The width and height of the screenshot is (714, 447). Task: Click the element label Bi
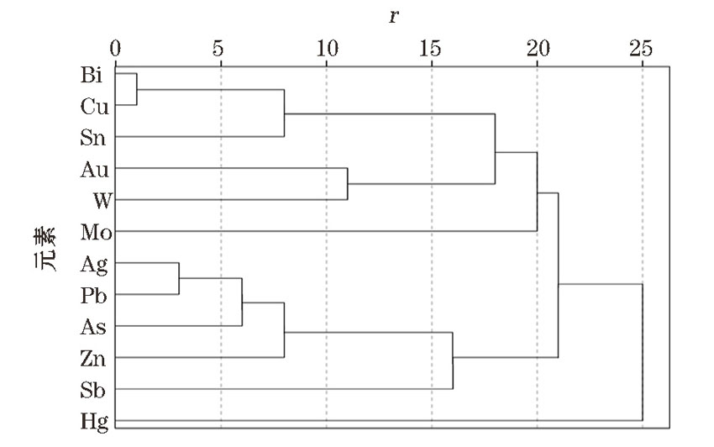(92, 75)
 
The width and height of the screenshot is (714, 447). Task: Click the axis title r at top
(393, 16)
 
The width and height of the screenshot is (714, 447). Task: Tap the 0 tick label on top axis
(116, 47)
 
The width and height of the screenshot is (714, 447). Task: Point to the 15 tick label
(431, 47)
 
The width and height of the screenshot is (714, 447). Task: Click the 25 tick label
(642, 47)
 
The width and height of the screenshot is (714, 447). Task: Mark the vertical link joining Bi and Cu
(136, 89)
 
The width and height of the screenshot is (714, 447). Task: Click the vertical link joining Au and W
(347, 184)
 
